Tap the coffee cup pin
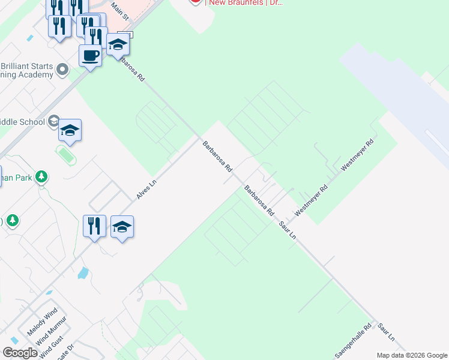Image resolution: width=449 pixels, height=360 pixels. (90, 56)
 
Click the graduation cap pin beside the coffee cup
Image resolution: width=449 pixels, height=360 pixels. (118, 44)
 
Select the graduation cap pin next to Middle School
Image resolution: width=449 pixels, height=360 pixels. (70, 130)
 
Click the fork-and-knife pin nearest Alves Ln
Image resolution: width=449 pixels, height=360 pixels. (94, 226)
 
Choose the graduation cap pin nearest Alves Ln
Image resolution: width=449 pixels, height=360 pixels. (122, 227)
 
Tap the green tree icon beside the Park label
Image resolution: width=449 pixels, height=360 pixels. (41, 177)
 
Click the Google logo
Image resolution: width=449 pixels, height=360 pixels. (20, 353)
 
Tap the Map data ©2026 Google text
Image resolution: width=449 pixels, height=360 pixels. (411, 355)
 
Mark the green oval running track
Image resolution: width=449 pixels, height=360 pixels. (67, 155)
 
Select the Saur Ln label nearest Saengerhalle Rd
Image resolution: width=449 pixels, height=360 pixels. (387, 335)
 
